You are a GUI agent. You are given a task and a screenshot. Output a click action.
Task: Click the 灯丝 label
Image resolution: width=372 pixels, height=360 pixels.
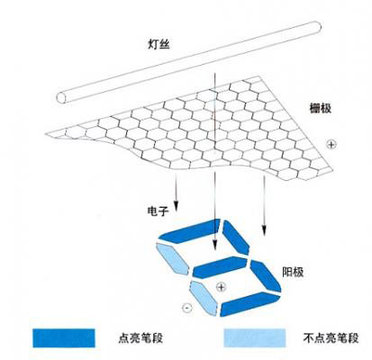(159, 44)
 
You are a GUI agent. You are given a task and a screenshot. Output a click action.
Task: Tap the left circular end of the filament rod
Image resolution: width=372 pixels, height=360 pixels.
(62, 97)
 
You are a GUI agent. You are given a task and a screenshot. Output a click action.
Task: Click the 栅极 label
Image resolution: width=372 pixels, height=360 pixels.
(321, 108)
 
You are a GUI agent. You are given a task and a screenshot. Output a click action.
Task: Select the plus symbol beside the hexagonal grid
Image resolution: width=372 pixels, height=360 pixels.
(331, 145)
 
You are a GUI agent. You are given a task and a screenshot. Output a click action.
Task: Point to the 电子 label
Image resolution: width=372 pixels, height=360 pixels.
(158, 211)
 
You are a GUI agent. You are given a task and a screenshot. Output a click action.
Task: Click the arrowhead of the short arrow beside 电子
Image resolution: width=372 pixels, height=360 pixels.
(177, 206)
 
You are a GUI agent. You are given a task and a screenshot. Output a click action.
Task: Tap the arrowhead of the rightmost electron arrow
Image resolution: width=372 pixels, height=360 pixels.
(264, 230)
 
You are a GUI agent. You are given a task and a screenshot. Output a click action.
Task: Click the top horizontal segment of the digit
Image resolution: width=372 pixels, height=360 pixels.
(190, 231)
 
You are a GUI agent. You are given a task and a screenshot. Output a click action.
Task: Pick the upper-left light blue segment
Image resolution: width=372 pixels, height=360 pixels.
(173, 258)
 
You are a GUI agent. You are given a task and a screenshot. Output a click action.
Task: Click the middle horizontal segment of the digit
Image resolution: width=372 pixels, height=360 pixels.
(220, 267)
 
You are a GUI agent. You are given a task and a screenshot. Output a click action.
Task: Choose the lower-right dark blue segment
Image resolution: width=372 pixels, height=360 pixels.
(266, 275)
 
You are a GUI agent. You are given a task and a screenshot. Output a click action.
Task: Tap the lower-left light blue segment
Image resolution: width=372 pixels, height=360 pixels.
(204, 298)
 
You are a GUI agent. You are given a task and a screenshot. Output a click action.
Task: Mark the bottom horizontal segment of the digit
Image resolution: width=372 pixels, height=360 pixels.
(250, 304)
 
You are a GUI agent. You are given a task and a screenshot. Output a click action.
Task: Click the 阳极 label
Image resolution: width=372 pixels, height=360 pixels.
(293, 272)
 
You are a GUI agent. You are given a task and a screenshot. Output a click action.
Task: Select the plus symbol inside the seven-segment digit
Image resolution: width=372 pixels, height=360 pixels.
(221, 287)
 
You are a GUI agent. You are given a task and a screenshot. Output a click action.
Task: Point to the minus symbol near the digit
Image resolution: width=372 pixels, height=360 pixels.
(186, 308)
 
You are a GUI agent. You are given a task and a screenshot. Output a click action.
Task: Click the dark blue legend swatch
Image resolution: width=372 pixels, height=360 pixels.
(64, 338)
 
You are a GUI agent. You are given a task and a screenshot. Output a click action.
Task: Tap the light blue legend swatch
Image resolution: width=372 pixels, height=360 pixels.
(255, 338)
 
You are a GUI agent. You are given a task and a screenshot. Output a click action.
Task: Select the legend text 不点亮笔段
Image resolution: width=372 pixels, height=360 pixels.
(331, 338)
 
